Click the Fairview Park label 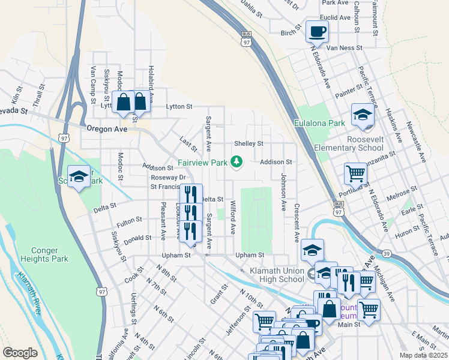coord(202,163)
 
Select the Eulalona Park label coord(320,123)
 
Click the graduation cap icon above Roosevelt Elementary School coord(363,115)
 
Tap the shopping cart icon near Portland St coord(355,174)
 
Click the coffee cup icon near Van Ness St coord(316,31)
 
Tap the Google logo coord(20,352)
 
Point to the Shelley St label coord(249,144)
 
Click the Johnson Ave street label coord(283,192)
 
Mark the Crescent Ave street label coord(297,223)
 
